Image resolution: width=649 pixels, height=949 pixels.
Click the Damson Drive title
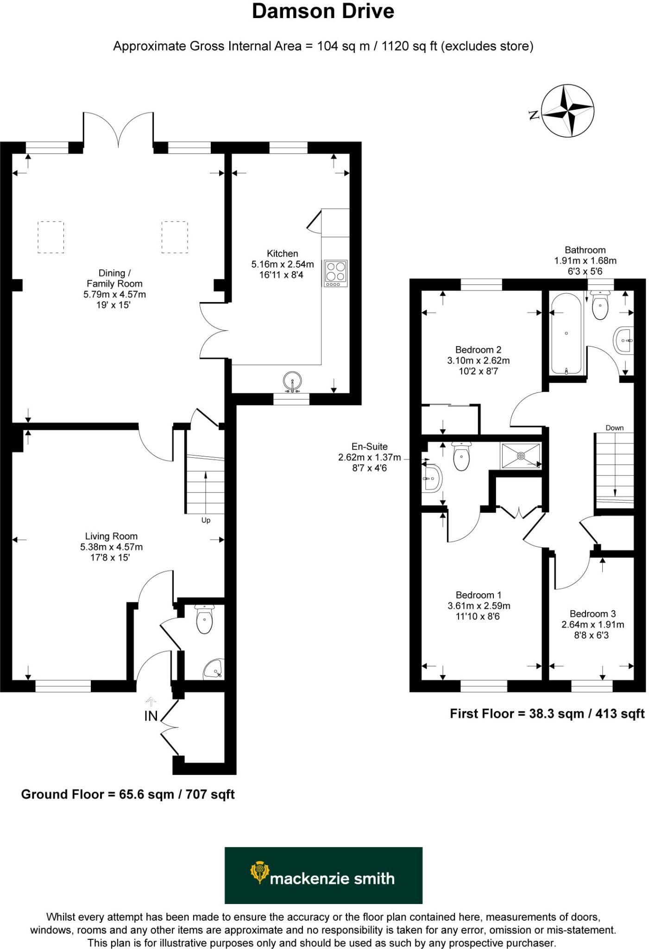coord(323,12)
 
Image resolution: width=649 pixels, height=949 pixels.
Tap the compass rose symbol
coord(568,111)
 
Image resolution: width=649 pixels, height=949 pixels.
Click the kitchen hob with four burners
coord(336,272)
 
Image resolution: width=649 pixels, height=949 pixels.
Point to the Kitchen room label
coord(282,253)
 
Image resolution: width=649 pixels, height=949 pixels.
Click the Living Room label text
coord(111,536)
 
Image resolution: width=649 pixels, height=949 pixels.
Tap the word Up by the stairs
coord(206,520)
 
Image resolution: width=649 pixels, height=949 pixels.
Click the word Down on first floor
coord(614,428)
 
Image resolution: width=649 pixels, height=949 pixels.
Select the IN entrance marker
coord(151,716)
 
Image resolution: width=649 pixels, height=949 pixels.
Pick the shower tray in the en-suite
coord(520,456)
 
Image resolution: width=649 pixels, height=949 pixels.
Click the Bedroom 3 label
coord(592,614)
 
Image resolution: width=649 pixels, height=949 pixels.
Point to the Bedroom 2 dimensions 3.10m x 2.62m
coord(478,361)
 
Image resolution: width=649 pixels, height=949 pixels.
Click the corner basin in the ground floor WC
coord(214,669)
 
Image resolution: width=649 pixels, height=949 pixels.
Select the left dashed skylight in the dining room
coord(50,237)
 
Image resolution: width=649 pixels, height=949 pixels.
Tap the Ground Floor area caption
coord(128,794)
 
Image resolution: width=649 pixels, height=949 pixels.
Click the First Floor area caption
coord(547,714)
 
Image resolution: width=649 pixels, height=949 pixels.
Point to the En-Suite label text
coord(369,447)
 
